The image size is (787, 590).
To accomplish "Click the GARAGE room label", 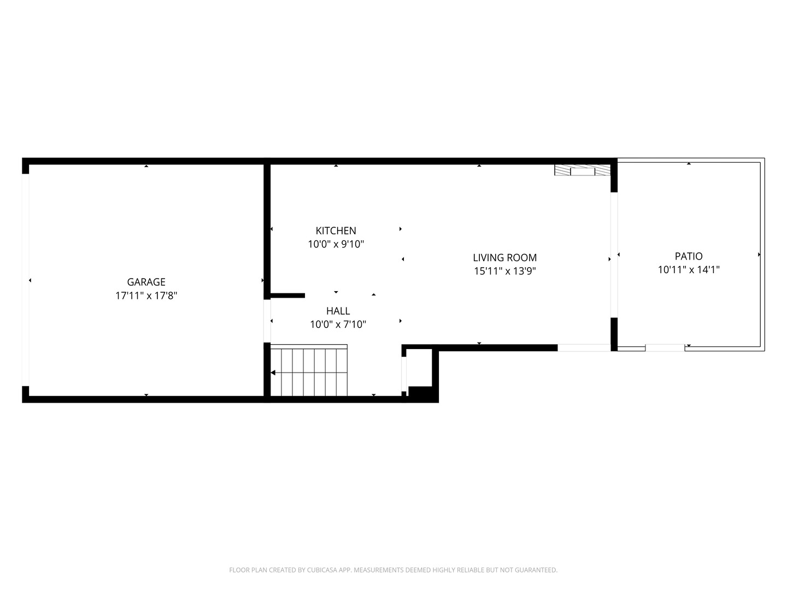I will click(x=146, y=282).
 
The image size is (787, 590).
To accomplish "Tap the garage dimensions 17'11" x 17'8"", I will click(x=146, y=296).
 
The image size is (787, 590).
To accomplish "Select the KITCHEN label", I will click(x=336, y=231).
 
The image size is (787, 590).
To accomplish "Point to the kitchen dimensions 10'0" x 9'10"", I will click(x=336, y=244).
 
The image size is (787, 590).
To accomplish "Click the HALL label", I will click(x=338, y=311).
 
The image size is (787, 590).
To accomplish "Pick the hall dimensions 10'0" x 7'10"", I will click(x=338, y=324).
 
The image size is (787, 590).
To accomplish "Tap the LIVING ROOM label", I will click(x=504, y=257).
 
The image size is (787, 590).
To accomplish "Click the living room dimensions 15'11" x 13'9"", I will click(x=504, y=271).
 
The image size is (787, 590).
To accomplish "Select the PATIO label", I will click(x=689, y=256).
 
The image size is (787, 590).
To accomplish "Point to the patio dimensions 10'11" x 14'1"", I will click(x=689, y=269).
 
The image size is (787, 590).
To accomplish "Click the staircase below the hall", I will click(x=309, y=371).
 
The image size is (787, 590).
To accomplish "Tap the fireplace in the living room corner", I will click(x=582, y=170).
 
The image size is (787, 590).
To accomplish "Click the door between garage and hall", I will click(x=267, y=321).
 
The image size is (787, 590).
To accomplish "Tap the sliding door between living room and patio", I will click(x=614, y=255).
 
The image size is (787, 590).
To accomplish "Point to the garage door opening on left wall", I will click(x=25, y=280).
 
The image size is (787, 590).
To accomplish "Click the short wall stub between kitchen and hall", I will click(x=287, y=296).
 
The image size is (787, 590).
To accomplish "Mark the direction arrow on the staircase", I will click(x=273, y=373).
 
